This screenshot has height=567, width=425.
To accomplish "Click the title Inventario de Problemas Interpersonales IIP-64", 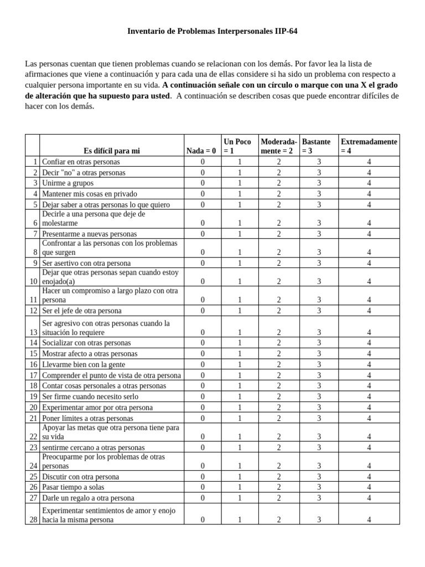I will (x=212, y=32).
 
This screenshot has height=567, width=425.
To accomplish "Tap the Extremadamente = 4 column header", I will (x=369, y=146).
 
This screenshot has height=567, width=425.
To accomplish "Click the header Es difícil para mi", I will (x=112, y=151).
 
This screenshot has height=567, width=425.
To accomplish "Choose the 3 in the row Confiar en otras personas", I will (x=319, y=162).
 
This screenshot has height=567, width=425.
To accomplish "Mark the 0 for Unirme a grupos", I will (x=203, y=183).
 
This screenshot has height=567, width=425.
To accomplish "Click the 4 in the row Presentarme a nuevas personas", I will (x=369, y=234).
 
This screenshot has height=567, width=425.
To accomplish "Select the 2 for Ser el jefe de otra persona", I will (x=279, y=311).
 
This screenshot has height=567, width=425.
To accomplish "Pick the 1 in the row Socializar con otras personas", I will (x=240, y=343).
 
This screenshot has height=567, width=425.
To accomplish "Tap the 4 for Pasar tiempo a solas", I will (x=369, y=487).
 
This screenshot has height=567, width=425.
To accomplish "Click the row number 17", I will (x=33, y=375).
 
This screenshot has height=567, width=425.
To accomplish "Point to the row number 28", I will (x=33, y=519).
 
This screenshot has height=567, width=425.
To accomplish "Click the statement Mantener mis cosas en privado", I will (x=89, y=194).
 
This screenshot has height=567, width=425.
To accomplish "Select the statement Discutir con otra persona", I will (x=80, y=476).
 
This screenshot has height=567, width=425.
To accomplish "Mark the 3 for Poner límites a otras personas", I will (x=319, y=418).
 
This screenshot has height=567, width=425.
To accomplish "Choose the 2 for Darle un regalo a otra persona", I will (x=279, y=498).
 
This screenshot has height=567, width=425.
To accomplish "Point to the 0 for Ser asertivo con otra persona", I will (x=203, y=263).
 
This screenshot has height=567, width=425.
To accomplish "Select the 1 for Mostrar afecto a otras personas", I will (x=240, y=354).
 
